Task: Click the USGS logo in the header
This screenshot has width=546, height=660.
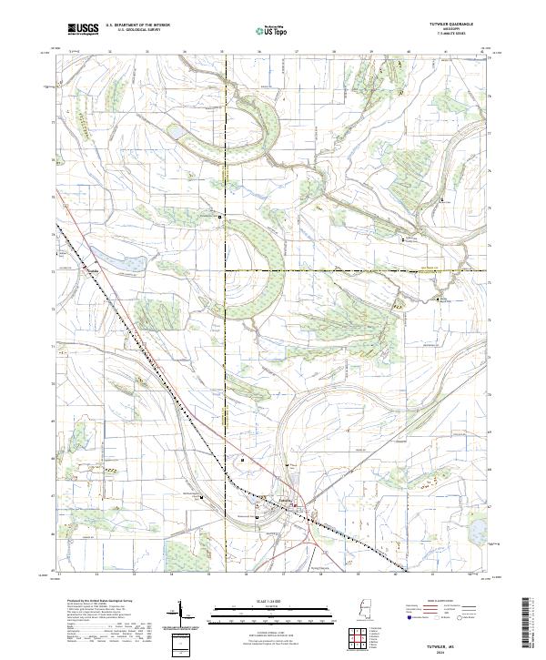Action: coord(82,29)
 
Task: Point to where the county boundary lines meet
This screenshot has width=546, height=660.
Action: coord(227,270)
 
